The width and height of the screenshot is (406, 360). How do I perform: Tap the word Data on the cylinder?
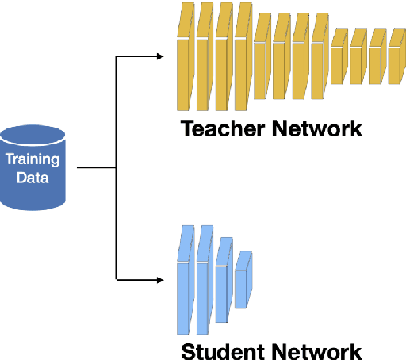(x=33, y=177)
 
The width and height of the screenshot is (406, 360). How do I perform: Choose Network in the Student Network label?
(x=318, y=351)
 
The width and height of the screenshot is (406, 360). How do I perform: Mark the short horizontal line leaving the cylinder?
(x=96, y=168)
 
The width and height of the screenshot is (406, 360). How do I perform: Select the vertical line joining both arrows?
(x=117, y=168)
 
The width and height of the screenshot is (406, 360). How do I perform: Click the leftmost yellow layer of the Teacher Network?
(x=186, y=59)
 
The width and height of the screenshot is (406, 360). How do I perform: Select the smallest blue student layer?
(x=243, y=281)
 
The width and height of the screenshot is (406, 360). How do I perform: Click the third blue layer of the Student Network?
(x=224, y=281)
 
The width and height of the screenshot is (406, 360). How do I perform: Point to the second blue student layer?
(x=205, y=281)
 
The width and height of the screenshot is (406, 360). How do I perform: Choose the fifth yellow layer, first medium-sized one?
(x=262, y=59)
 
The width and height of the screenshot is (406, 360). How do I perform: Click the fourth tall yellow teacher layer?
(x=243, y=59)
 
